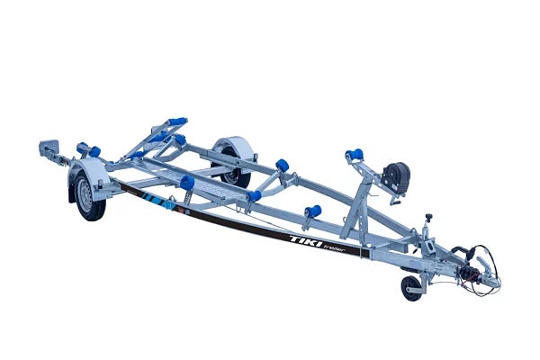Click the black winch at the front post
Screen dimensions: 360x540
pos(396,176)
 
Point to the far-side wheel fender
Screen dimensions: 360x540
pos(236,147)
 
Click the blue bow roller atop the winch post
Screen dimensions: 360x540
pos(355,154)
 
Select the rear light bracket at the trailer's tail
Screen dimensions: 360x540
pos(49,148)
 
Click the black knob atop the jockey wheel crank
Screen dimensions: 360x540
pos(428,217)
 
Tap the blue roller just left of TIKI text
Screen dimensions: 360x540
pos(314,211)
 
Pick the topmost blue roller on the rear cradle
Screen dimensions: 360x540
pos(178,121)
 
